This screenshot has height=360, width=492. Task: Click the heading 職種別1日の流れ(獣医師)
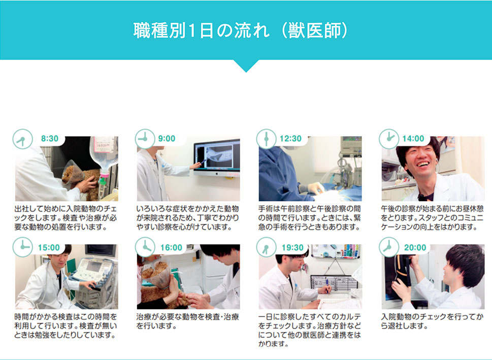(x=240, y=30)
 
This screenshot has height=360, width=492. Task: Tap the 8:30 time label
(x=50, y=139)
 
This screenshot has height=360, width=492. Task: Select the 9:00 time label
(x=167, y=139)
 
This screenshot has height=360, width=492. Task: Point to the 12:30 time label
(x=290, y=139)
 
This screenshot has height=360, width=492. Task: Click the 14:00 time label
(x=413, y=139)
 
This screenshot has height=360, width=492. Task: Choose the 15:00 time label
(x=49, y=248)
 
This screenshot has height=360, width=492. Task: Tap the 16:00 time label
(x=171, y=248)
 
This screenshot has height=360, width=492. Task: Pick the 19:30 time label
(x=292, y=248)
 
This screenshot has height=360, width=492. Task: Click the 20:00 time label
(x=415, y=248)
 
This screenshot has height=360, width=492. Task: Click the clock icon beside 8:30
(x=22, y=139)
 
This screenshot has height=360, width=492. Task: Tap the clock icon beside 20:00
(x=389, y=247)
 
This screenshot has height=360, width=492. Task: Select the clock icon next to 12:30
(x=267, y=139)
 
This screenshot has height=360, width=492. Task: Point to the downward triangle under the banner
(x=246, y=66)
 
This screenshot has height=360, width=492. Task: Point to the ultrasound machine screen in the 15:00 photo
(x=94, y=267)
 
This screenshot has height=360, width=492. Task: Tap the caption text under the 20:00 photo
(x=432, y=321)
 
